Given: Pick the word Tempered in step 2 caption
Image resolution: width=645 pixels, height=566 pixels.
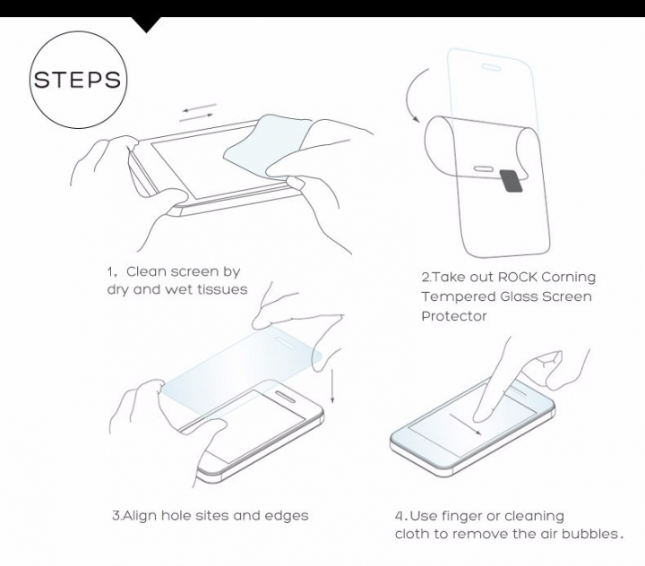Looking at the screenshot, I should [x=451, y=296].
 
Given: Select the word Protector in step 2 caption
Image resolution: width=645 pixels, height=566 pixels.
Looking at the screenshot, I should [x=454, y=315].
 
